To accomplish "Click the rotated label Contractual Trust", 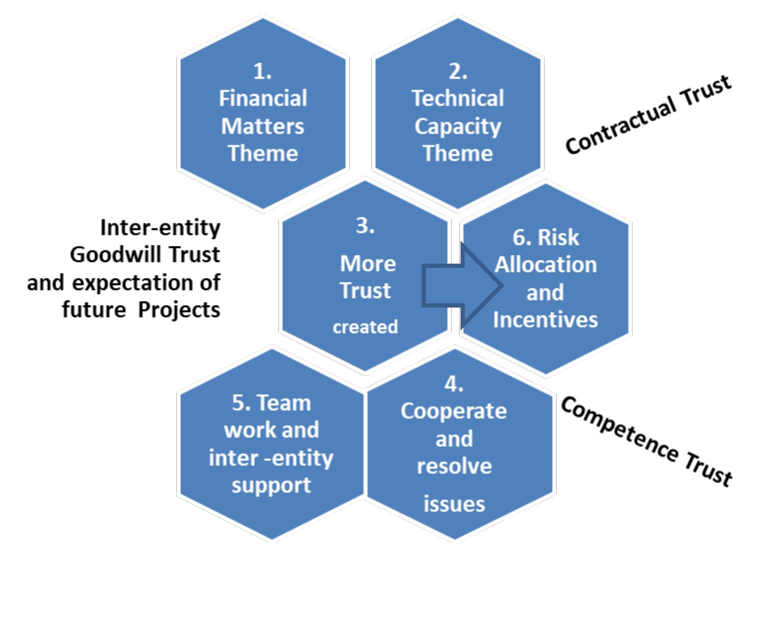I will point(648,115).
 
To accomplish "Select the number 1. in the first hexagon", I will point(263,72).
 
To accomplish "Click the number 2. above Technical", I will point(457,72).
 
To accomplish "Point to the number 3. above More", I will point(365,226).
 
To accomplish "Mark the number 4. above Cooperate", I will point(454,384).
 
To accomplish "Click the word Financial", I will point(263,98).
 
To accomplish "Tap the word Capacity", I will point(457,126).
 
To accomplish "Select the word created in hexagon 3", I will point(365,327).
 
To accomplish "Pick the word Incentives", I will point(545,319).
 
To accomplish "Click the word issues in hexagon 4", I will point(454,503).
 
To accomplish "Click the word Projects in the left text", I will point(179,309).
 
